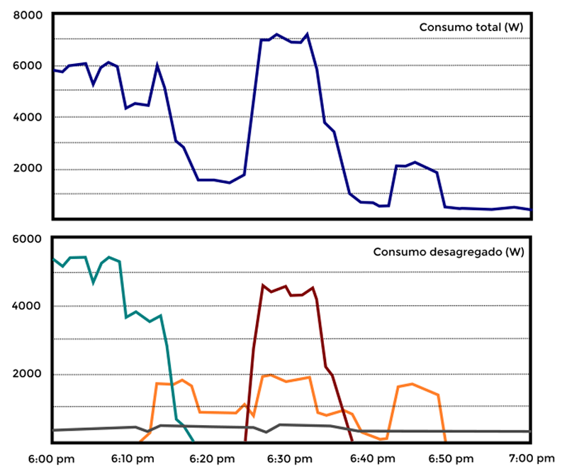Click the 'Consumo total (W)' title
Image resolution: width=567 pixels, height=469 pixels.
coord(471,27)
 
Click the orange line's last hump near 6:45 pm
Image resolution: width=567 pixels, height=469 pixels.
coord(412,385)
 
